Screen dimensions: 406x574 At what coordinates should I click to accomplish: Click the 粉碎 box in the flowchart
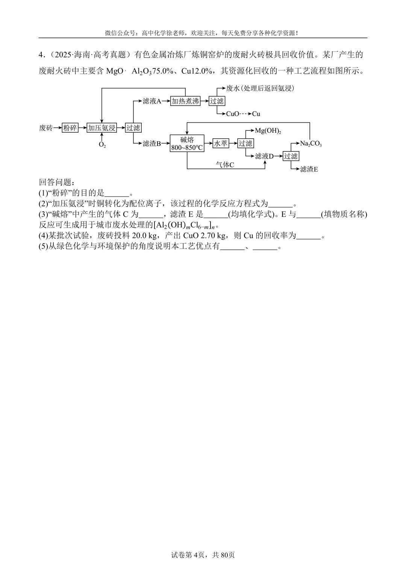coord(70,128)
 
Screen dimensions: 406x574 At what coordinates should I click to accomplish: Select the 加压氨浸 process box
coord(101,128)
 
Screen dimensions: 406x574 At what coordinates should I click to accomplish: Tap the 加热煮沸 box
coord(185,101)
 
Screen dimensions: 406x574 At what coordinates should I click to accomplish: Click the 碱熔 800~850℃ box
coord(187,143)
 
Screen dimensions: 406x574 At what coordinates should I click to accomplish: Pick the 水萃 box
coord(221,143)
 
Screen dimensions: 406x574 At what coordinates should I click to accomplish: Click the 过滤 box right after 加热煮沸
coord(217,101)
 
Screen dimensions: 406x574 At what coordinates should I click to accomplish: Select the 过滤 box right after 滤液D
coord(291,156)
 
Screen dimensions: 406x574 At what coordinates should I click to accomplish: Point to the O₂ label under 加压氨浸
coord(102,145)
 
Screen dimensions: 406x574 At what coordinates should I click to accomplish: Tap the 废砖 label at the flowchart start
coord(46,128)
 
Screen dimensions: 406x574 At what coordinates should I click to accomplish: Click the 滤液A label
coord(152,101)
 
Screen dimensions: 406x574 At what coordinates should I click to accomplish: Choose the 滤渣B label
coord(152,143)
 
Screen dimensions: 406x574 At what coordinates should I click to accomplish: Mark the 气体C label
coord(225,165)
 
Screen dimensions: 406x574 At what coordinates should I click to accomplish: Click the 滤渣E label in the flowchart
coord(309,169)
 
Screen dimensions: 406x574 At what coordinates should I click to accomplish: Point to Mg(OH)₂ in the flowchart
coord(268,130)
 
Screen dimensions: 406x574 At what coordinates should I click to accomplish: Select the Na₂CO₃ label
coord(311,143)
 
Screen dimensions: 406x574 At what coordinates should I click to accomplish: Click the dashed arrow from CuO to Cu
coord(245,114)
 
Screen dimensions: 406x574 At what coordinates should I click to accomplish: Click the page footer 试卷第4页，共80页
coord(203,555)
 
